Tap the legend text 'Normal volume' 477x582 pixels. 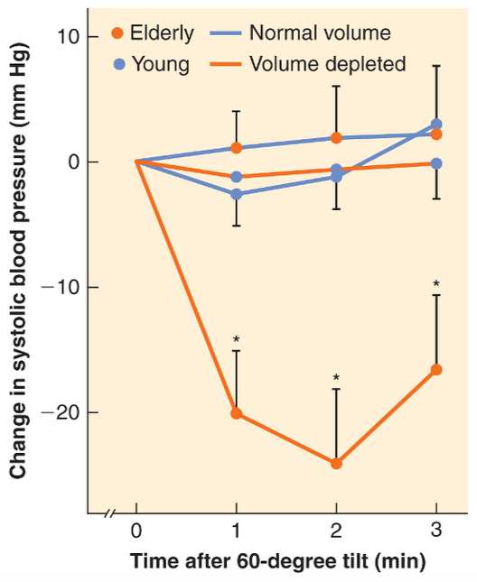coord(319,33)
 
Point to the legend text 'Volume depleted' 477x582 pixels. coord(327,64)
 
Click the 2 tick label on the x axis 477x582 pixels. coord(336,531)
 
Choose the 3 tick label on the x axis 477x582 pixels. coord(436,531)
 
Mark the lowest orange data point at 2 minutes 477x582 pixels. coord(336,463)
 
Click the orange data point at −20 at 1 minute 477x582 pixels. coord(237,413)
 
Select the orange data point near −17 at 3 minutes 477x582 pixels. coord(436,370)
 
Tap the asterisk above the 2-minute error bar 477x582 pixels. coord(336,378)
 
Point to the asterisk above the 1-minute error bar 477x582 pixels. coord(237,340)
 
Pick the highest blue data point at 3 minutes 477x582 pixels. coord(436,125)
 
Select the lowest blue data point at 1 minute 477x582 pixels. coord(237,194)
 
